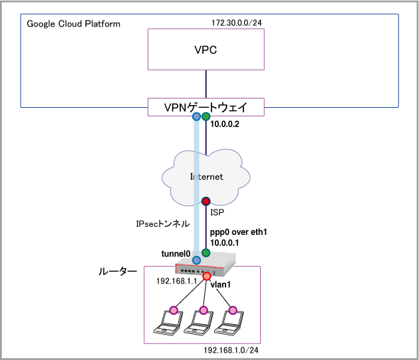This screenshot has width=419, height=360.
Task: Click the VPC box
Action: pyautogui.click(x=206, y=51)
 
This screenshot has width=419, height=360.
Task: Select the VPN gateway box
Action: pyautogui.click(x=206, y=106)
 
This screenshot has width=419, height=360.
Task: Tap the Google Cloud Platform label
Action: pyautogui.click(x=74, y=24)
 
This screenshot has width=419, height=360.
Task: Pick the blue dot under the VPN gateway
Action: pyautogui.click(x=196, y=116)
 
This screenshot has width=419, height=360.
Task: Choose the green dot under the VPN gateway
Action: pyautogui.click(x=206, y=116)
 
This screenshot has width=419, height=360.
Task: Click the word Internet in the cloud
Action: pyautogui.click(x=206, y=176)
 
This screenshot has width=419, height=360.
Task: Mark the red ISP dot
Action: pyautogui.click(x=206, y=201)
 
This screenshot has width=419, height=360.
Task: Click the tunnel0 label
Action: pyautogui.click(x=176, y=254)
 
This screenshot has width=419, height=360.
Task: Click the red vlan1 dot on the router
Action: pyautogui.click(x=207, y=276)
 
